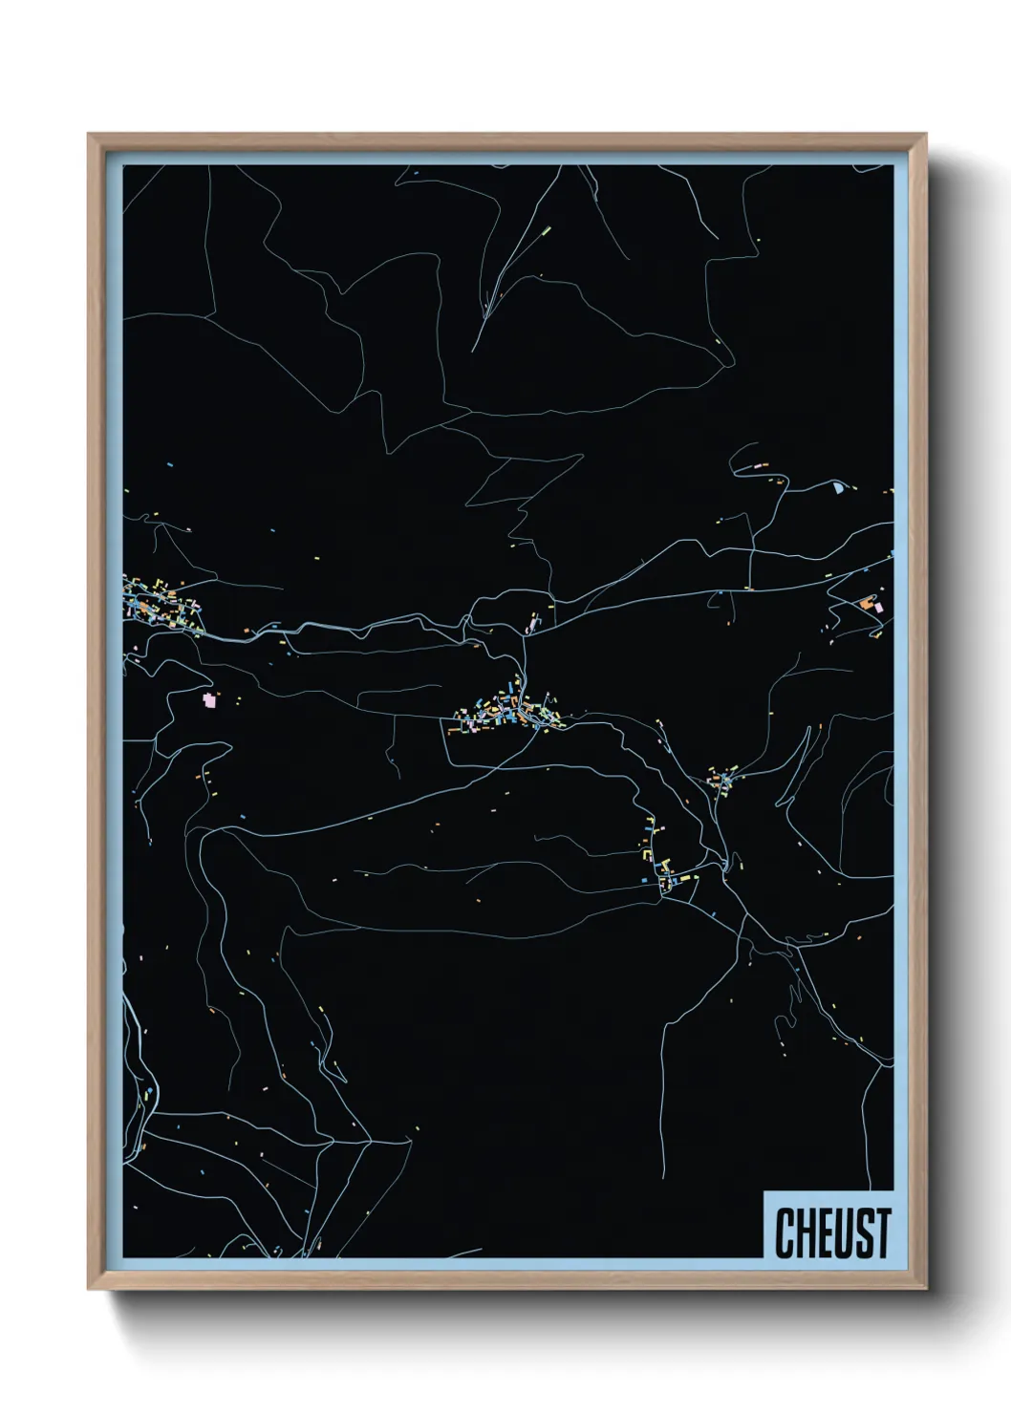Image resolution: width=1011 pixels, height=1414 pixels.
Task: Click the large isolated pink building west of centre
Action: [209, 700]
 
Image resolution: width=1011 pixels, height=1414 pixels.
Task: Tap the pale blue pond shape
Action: [838, 488]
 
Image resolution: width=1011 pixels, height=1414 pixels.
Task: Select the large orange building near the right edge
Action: [866, 604]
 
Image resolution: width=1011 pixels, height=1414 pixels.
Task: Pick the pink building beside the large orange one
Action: [879, 607]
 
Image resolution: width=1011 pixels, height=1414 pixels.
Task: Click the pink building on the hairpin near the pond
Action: [762, 465]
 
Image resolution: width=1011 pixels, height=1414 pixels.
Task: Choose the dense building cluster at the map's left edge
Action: [158, 605]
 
